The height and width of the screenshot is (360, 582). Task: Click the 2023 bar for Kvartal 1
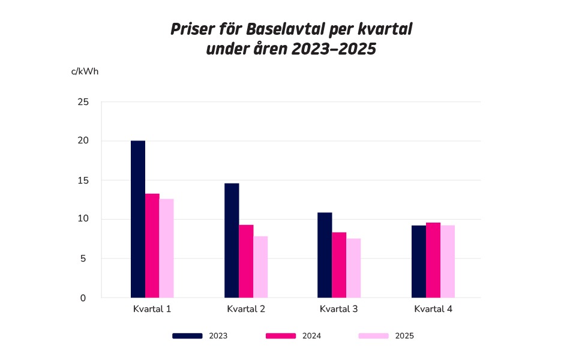(138, 219)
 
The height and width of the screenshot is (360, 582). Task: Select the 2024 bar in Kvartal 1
(152, 245)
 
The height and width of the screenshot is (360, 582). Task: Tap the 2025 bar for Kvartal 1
(167, 248)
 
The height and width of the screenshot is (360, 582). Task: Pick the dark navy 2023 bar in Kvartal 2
(232, 240)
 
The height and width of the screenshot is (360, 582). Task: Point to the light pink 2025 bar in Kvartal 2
(260, 267)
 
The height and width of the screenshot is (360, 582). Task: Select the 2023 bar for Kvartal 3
(325, 255)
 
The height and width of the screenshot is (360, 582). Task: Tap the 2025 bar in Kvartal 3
(353, 268)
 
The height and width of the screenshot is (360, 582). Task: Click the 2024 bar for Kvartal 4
(433, 260)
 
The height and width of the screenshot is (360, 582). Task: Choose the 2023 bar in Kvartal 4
(419, 261)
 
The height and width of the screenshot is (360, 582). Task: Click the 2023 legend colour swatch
(187, 336)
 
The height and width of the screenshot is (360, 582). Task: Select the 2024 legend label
(311, 336)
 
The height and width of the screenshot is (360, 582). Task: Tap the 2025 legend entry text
(404, 336)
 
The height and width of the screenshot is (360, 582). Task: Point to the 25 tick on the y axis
(83, 102)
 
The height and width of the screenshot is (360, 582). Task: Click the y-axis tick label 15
(83, 181)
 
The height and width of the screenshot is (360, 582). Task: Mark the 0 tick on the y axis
(83, 298)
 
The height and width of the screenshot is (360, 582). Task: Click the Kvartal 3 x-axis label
(339, 310)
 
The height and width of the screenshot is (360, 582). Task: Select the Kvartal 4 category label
(433, 310)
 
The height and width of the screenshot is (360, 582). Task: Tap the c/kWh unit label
(85, 71)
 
